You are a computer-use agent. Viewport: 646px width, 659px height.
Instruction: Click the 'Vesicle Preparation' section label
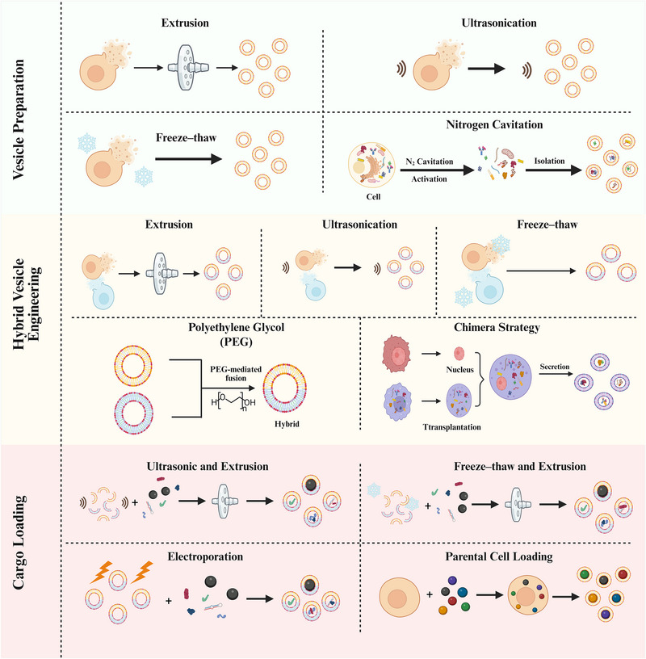click(x=18, y=120)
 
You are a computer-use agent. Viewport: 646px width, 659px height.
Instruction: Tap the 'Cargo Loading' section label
click(x=18, y=542)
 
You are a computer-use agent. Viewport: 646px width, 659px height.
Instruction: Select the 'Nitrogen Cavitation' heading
click(x=494, y=125)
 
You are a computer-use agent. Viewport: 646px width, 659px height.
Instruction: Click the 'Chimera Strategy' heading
click(x=497, y=327)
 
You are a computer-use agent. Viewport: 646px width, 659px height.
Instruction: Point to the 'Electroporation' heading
click(x=205, y=557)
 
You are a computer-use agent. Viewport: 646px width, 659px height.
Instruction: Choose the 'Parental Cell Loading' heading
click(x=499, y=557)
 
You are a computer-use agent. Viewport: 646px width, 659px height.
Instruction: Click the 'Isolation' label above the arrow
click(x=549, y=161)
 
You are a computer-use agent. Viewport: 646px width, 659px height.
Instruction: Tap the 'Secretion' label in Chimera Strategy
click(x=555, y=367)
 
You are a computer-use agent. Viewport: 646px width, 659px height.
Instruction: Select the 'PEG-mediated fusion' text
click(x=236, y=374)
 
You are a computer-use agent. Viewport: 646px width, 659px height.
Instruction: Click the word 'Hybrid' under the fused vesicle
click(x=287, y=424)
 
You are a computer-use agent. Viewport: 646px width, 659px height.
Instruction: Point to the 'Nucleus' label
click(x=459, y=369)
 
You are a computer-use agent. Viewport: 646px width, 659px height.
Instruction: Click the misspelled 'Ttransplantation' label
click(x=452, y=427)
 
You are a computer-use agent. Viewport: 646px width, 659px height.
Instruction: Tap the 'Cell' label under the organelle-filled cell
click(x=373, y=197)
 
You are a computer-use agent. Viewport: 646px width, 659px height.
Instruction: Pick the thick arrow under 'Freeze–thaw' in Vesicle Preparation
click(x=188, y=159)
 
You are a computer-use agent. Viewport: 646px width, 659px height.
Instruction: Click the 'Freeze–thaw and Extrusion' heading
click(x=520, y=467)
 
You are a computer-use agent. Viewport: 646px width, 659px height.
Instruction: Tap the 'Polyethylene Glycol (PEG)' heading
click(x=237, y=334)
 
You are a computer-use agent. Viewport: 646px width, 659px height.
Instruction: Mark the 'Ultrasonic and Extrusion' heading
click(x=208, y=467)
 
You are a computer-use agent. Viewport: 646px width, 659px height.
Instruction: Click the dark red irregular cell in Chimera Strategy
click(x=396, y=355)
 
